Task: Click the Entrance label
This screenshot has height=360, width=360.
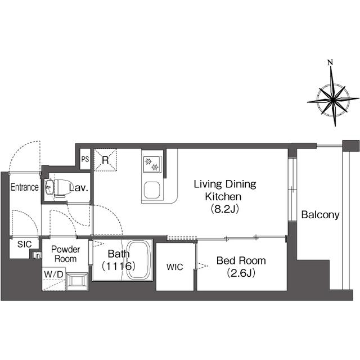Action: [25, 187]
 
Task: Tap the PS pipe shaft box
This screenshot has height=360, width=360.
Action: [85, 159]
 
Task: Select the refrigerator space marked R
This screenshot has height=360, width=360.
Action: [105, 160]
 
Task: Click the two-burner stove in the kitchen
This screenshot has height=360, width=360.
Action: [152, 164]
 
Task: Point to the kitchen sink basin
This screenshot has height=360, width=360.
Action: [152, 191]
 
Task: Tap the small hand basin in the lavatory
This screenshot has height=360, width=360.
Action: [49, 187]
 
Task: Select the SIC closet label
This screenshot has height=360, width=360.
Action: [24, 244]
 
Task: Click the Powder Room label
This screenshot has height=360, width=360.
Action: [66, 254]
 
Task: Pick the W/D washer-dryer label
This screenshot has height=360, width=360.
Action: [54, 274]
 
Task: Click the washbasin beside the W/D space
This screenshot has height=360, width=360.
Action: [77, 281]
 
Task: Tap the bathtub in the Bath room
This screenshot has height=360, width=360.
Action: [139, 260]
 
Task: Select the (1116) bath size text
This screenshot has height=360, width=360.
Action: [119, 266]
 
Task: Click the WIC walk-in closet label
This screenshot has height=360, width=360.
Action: [175, 267]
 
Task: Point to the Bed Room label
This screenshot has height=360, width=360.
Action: [241, 260]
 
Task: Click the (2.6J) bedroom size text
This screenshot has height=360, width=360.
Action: [241, 273]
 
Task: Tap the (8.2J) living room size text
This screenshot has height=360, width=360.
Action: [225, 209]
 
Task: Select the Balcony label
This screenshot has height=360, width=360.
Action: [320, 215]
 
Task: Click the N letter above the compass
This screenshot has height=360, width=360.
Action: [330, 62]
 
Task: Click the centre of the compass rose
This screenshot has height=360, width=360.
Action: [334, 100]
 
